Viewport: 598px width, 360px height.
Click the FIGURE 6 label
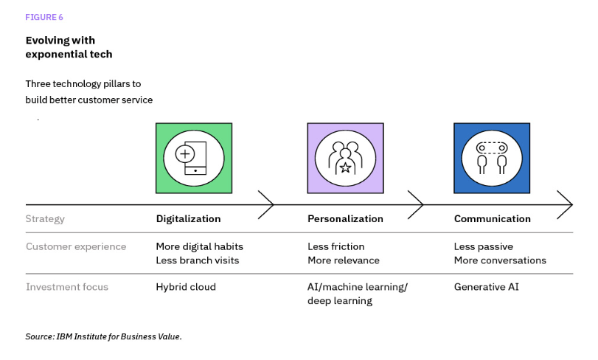click(x=44, y=17)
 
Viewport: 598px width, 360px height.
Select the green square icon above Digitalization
click(x=194, y=158)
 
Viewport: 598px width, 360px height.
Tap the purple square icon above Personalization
click(x=345, y=158)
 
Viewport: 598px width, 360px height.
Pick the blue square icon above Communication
click(x=491, y=158)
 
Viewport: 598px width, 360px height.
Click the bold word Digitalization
click(x=188, y=219)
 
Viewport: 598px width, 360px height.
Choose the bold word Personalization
click(x=345, y=219)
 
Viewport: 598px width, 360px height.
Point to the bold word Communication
click(x=492, y=219)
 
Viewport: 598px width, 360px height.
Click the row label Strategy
click(x=45, y=219)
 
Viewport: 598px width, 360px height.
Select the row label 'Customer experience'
click(x=76, y=246)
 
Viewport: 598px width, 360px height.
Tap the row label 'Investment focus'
click(x=67, y=287)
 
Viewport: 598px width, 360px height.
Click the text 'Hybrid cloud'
click(x=186, y=287)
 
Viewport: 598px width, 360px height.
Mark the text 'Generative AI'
click(x=486, y=287)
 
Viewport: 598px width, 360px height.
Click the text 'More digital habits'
click(x=199, y=246)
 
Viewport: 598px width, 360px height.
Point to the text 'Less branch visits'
click(x=197, y=260)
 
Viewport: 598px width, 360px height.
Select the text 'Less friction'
click(x=335, y=246)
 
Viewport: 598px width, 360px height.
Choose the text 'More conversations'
click(x=500, y=260)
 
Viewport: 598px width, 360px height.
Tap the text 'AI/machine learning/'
click(x=357, y=287)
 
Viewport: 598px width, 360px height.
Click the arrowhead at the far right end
click(x=566, y=204)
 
